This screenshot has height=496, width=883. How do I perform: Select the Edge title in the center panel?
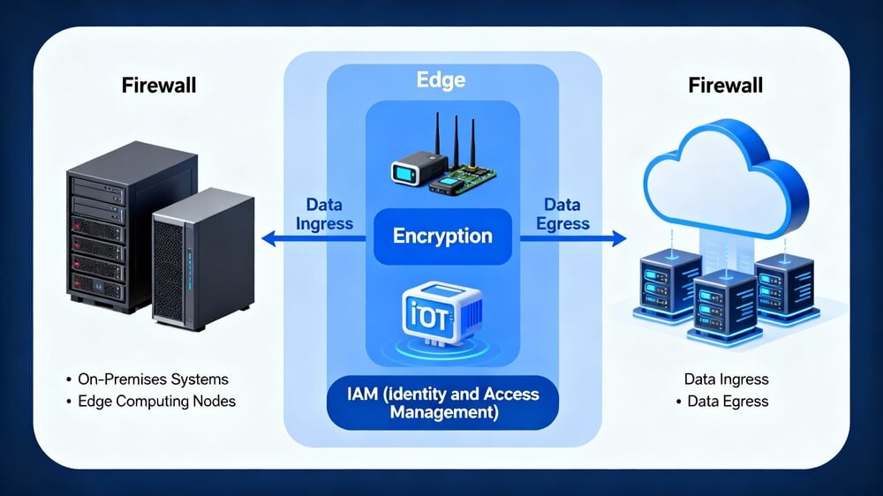click(441, 80)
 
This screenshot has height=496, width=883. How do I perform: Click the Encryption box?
click(442, 237)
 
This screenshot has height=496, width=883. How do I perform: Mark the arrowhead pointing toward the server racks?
click(268, 237)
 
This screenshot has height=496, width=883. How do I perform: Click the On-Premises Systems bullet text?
click(152, 380)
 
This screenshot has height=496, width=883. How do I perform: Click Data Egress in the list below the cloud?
click(728, 402)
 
